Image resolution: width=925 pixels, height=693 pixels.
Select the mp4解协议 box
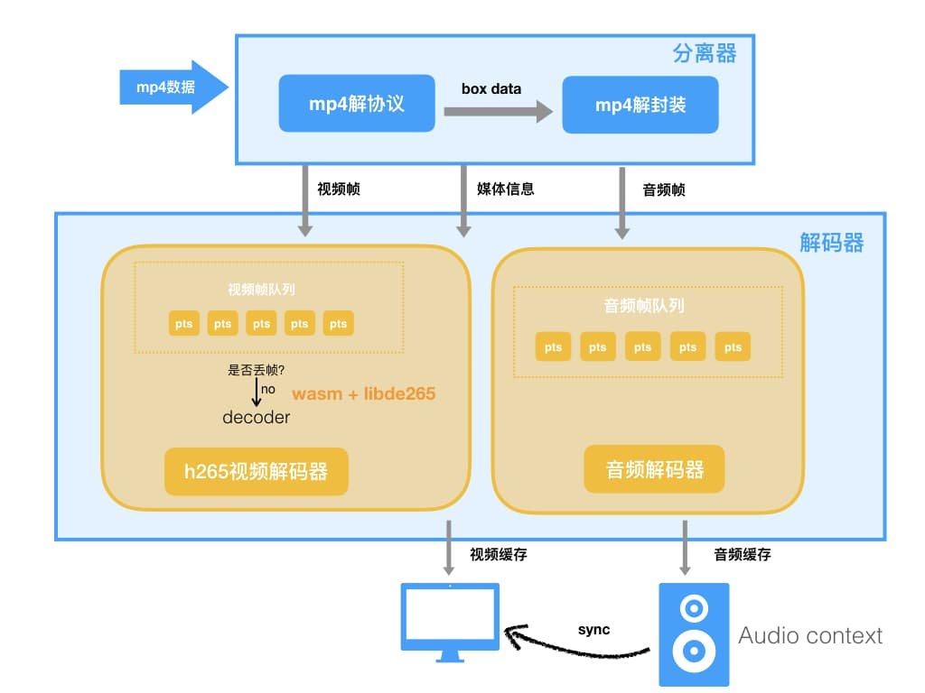[x=356, y=105]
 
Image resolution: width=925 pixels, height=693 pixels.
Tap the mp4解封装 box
[x=640, y=105]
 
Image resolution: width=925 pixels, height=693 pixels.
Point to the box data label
[x=491, y=88]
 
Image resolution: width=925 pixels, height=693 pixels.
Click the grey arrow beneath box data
[x=497, y=112]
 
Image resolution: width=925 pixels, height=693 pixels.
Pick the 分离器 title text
[x=705, y=54]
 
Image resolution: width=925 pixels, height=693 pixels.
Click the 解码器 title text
[x=831, y=243]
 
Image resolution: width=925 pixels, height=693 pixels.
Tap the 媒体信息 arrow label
[x=506, y=189]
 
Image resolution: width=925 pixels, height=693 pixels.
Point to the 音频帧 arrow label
[x=664, y=189]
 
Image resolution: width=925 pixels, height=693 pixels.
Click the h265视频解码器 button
[x=257, y=471]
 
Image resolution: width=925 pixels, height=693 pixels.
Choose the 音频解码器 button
[x=654, y=469]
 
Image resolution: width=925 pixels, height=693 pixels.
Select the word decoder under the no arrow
[x=257, y=418]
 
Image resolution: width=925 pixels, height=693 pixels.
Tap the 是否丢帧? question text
[x=257, y=369]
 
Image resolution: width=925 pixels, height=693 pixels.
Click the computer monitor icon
[x=449, y=621]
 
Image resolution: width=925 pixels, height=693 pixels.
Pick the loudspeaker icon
[x=693, y=633]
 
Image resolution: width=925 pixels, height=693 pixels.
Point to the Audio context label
[x=809, y=635]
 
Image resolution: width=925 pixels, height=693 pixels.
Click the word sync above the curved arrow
[x=593, y=629]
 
